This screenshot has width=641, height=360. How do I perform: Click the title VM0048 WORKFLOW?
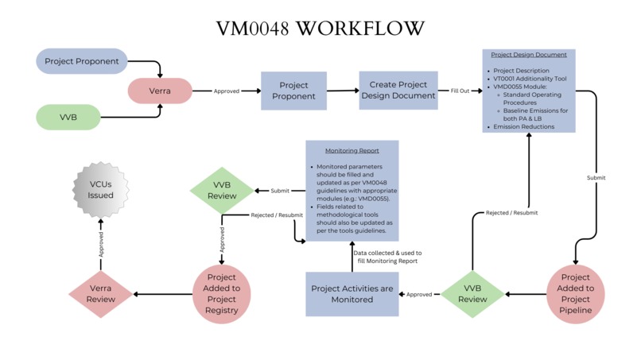(x=320, y=28)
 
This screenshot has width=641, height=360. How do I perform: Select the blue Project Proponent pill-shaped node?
(x=82, y=61)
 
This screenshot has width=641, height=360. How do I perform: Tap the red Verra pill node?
(x=161, y=91)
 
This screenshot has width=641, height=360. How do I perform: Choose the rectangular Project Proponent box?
(x=293, y=91)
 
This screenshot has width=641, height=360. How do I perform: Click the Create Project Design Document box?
(x=398, y=91)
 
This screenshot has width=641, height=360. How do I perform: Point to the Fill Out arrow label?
(x=460, y=91)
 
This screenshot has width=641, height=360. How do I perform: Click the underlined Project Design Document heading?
(x=529, y=55)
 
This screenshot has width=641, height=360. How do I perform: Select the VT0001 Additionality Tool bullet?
(x=531, y=79)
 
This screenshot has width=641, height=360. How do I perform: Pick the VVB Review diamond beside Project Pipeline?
(x=472, y=294)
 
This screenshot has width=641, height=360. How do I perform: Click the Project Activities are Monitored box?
(x=352, y=294)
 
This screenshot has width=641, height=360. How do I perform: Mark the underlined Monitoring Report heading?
(x=352, y=150)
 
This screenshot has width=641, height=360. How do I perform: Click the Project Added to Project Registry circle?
(x=222, y=294)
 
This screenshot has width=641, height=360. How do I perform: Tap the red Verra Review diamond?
(x=100, y=294)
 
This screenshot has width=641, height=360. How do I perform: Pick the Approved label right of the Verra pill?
(x=226, y=91)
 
